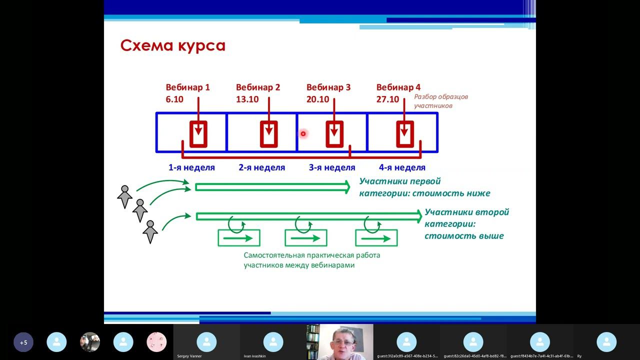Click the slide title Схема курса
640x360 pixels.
point(172,45)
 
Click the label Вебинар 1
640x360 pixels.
point(187,87)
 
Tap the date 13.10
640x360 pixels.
point(247,99)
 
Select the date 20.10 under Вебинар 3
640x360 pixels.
point(317,99)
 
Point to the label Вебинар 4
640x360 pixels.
point(398,87)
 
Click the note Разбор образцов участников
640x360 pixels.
point(440,101)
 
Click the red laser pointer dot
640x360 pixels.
point(303,133)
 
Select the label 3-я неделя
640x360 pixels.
point(331,167)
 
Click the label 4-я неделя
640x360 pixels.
point(402,167)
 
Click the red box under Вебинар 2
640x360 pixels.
point(269,134)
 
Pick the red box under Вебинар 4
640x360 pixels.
point(405,134)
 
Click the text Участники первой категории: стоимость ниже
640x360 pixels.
point(424,187)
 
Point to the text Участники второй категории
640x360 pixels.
point(466,212)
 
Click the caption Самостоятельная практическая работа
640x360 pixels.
point(311,255)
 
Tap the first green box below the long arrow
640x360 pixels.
point(239,238)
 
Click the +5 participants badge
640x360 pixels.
point(23,342)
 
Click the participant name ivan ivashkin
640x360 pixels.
point(254,356)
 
